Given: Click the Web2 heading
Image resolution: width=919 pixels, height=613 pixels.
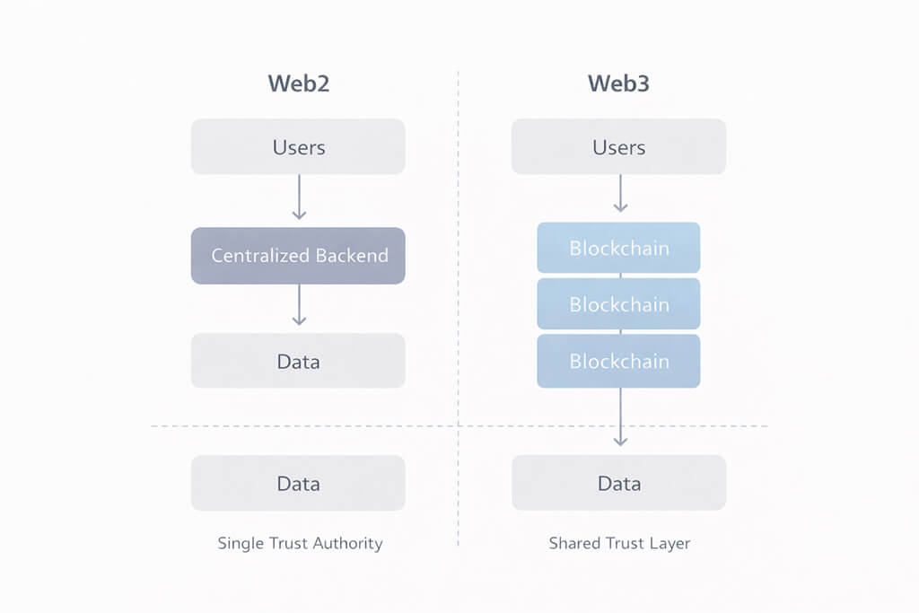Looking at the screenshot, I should click(298, 83).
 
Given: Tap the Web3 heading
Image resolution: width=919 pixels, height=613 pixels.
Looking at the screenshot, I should click(618, 83).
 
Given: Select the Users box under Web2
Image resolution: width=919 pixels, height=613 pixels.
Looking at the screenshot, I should click(298, 146).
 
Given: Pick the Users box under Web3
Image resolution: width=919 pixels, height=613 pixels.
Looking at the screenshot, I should click(618, 146).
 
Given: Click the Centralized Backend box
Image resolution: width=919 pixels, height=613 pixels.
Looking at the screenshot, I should click(298, 256).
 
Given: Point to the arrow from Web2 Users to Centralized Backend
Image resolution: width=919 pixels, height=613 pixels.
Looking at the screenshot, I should click(299, 197).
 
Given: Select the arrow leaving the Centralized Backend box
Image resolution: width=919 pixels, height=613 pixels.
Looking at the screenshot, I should click(299, 306).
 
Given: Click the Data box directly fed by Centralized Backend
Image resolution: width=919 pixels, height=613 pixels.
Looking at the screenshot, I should click(298, 361).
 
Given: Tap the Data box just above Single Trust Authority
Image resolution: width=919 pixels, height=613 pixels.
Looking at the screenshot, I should click(298, 483).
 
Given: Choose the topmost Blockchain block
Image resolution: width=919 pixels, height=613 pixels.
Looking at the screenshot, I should click(618, 248).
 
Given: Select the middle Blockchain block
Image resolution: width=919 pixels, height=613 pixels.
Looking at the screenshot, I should click(618, 304).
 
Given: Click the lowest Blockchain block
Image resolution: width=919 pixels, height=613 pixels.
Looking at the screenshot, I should click(618, 361).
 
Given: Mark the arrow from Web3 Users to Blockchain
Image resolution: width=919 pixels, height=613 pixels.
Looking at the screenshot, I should click(619, 194).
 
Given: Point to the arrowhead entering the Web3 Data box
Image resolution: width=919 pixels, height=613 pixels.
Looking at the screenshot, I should click(619, 439).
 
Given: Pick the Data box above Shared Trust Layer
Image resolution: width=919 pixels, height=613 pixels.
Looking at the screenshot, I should click(618, 483).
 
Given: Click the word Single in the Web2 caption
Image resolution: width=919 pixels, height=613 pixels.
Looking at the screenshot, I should click(238, 544).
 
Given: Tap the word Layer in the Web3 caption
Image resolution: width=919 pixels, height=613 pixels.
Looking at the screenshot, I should click(672, 544).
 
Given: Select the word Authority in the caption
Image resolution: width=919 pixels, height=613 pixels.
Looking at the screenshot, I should click(349, 544).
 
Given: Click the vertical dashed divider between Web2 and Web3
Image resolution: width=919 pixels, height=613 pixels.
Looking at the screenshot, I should click(459, 269).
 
